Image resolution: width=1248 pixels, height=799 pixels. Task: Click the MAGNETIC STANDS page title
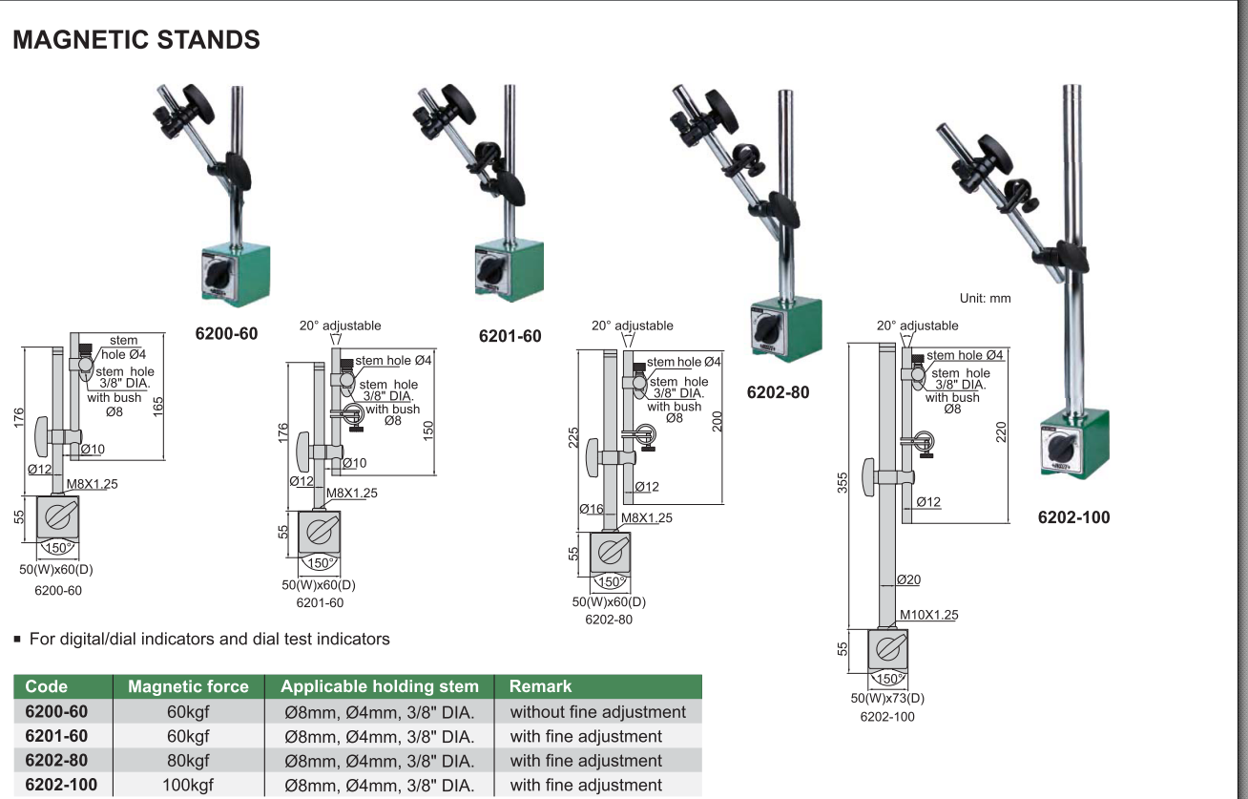coord(135,40)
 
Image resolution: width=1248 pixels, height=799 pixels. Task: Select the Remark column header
coord(540,686)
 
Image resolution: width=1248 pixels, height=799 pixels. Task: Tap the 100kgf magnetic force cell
coord(188,786)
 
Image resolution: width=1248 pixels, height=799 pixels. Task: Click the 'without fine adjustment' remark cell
coord(597,712)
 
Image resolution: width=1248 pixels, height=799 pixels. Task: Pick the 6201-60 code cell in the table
coord(56,737)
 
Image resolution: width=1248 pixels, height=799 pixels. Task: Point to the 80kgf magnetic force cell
coord(188,761)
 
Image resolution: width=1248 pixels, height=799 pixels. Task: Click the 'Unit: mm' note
coord(985,298)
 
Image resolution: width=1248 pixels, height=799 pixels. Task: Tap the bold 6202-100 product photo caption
coord(1073,518)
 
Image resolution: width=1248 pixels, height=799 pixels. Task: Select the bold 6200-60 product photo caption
coord(226,334)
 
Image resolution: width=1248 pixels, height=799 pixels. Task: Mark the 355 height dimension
coord(843,483)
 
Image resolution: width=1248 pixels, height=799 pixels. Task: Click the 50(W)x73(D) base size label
coord(887,698)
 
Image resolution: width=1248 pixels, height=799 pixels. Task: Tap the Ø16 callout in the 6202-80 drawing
coord(592,510)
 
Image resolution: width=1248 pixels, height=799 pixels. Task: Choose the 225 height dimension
coord(572,436)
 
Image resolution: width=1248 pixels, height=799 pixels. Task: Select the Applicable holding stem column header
coord(379,686)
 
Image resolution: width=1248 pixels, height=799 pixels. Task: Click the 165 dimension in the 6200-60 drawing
coord(157,405)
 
